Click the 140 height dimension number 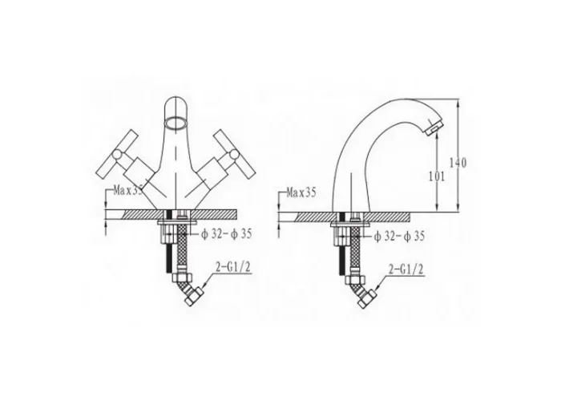(x=458, y=163)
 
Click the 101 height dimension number (x=437, y=176)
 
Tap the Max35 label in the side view (x=301, y=193)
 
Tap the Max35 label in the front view (x=128, y=191)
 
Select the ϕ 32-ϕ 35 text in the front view (x=227, y=234)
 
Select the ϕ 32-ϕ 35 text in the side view (x=399, y=237)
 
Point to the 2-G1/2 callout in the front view (x=232, y=267)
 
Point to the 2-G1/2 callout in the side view (x=406, y=269)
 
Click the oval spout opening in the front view (x=176, y=123)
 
